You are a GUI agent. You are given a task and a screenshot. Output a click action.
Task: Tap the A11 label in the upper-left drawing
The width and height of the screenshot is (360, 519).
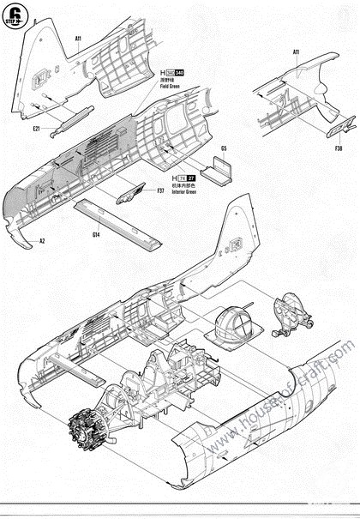click(78, 39)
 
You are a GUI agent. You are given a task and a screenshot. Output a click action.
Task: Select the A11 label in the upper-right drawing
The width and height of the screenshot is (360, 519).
click(296, 52)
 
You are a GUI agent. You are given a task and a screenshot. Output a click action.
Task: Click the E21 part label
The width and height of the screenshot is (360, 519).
click(38, 129)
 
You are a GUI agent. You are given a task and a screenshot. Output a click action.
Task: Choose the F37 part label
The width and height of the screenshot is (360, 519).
click(160, 190)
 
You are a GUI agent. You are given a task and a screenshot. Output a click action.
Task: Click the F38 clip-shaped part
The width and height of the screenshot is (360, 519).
click(336, 130)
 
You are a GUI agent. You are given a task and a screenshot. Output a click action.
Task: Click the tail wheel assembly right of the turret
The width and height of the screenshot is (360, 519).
click(289, 314)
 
